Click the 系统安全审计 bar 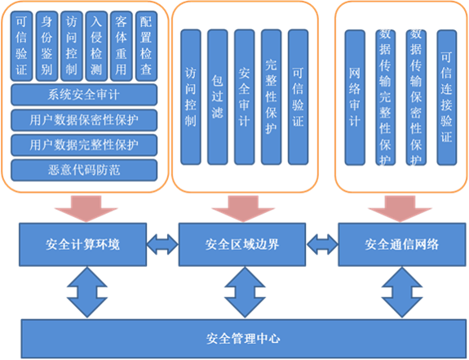click(x=83, y=96)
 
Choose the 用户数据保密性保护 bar click(x=83, y=120)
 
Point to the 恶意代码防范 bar click(x=83, y=169)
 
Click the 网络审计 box click(x=354, y=97)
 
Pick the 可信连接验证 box click(x=445, y=97)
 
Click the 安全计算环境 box click(x=83, y=243)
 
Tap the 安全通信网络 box click(x=402, y=243)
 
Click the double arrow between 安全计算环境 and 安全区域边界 click(x=162, y=242)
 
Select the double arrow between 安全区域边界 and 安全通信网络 click(x=323, y=242)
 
